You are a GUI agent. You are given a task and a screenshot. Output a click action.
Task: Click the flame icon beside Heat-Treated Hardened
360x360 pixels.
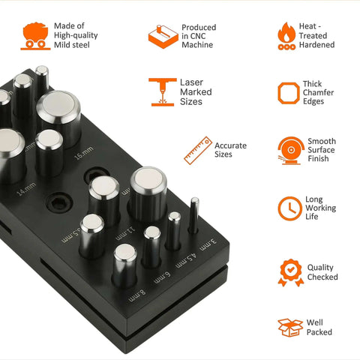[286, 36]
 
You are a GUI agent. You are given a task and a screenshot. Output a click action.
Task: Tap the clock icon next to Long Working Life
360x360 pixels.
[290, 208]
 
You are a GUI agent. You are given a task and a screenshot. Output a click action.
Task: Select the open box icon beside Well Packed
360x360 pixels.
[290, 328]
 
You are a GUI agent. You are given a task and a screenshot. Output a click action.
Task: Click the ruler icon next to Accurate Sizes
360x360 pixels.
[198, 151]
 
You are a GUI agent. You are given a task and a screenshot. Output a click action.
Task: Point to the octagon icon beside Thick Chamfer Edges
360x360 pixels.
[289, 93]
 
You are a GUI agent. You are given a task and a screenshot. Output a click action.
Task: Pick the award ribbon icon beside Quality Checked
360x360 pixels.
[290, 272]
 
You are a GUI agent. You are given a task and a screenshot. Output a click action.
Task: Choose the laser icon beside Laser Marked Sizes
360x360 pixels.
[163, 92]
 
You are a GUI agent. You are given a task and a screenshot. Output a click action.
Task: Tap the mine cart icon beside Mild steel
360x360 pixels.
[35, 36]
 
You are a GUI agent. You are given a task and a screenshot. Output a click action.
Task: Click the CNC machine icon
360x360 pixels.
[163, 37]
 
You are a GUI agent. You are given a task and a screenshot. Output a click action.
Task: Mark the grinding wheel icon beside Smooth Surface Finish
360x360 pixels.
[290, 151]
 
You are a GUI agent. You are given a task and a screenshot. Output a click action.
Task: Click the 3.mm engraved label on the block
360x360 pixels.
[208, 245]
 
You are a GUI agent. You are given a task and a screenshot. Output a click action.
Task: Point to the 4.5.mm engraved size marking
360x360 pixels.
[186, 261]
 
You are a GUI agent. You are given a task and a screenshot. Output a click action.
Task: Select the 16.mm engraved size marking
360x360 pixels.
[84, 153]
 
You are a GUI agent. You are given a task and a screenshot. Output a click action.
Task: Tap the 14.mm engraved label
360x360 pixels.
[26, 189]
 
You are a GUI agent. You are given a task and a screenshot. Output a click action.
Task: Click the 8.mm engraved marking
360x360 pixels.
[137, 295]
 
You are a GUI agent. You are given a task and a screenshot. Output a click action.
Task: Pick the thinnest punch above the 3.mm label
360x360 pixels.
[193, 215]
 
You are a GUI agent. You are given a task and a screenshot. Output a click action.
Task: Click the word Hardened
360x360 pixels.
[316, 45]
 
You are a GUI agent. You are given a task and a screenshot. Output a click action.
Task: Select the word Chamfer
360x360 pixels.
[318, 92]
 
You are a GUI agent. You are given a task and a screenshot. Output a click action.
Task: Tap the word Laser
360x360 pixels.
[191, 82]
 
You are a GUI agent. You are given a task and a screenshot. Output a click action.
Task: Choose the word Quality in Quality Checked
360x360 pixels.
[320, 268]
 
